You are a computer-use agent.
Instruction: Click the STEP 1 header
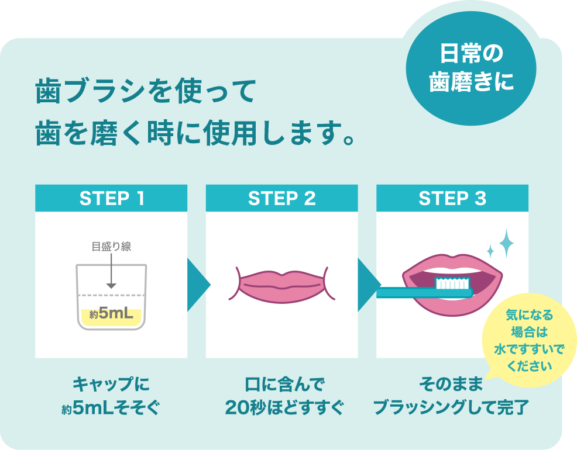coord(111,198)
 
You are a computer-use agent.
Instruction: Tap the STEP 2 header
coord(282,198)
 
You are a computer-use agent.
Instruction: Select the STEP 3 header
coord(452,198)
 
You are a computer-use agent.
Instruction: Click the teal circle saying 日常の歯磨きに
coord(471,68)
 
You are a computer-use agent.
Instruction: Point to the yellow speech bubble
coord(529,340)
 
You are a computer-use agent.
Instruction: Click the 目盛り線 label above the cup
coord(112,246)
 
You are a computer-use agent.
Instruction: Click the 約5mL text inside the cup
coord(111,314)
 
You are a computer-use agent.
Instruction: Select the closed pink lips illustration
coord(282,285)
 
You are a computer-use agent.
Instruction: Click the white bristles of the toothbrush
coord(452,283)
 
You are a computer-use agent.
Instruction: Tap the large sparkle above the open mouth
coord(506,243)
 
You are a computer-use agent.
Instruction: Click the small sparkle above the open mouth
coord(490,251)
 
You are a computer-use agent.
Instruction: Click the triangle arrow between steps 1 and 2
coord(198,285)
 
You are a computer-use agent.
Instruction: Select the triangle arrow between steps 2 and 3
coord(369,285)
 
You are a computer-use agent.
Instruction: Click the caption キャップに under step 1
coord(111,385)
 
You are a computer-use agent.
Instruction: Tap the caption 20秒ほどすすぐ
coord(284,407)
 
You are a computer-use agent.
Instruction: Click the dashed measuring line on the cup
coord(111,295)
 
